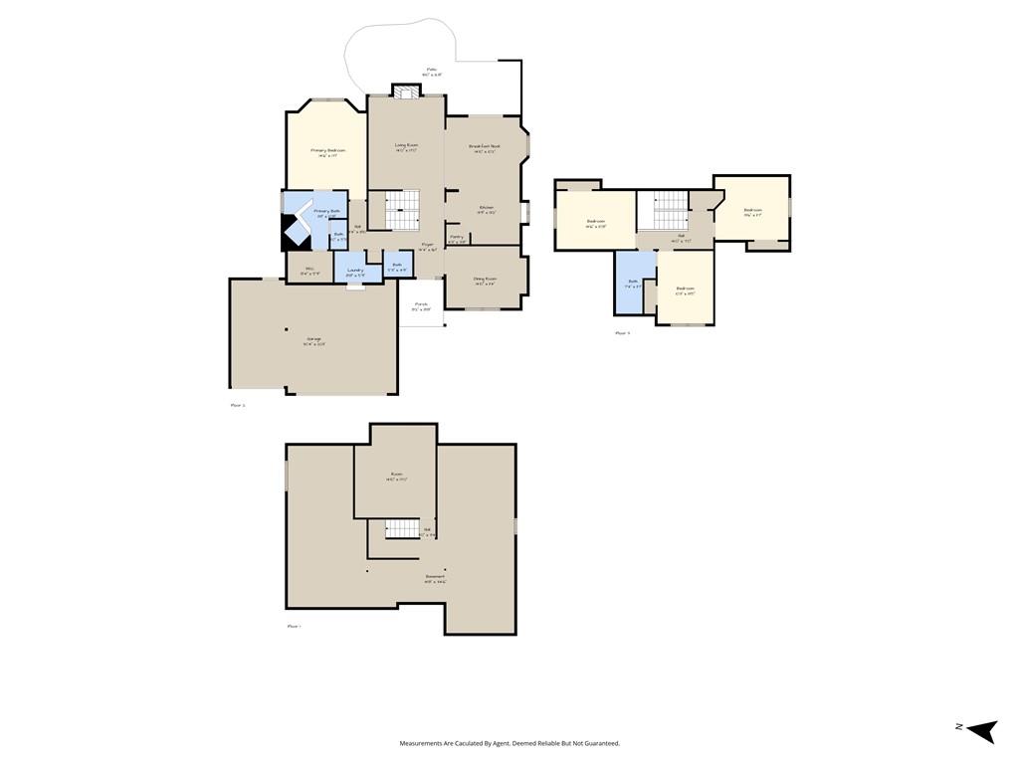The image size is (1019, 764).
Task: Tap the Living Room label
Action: click(x=406, y=145)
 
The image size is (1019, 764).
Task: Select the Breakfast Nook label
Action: click(x=485, y=146)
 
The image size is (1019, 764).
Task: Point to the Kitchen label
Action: click(x=486, y=207)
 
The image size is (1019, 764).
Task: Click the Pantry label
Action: click(x=457, y=237)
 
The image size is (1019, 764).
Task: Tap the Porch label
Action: click(x=421, y=304)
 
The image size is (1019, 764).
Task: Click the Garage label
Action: click(x=313, y=340)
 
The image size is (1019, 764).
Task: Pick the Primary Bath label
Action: click(x=327, y=211)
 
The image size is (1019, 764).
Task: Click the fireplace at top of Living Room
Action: click(x=405, y=92)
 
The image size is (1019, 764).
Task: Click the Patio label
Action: click(x=431, y=70)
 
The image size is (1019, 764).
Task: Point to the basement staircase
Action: click(x=402, y=528)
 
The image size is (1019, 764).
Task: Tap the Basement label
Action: click(x=435, y=576)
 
